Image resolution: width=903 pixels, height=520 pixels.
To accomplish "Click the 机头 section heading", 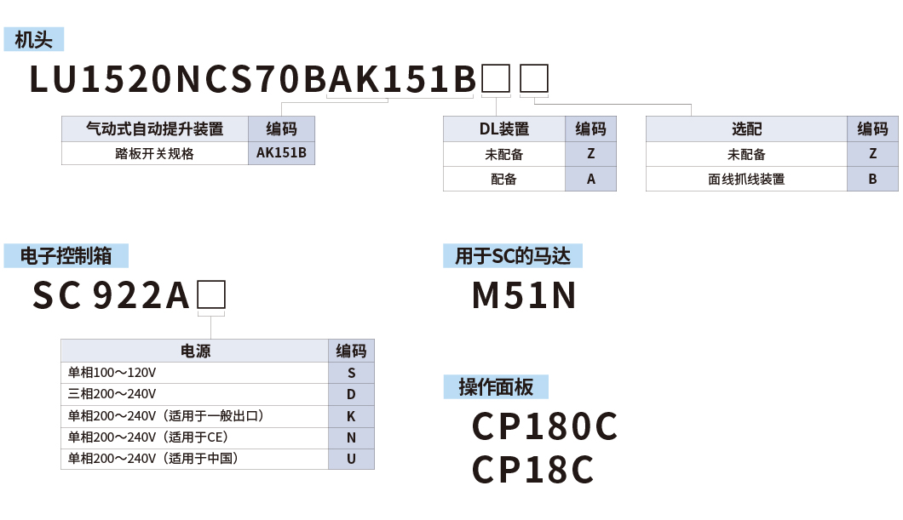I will pos(34,40).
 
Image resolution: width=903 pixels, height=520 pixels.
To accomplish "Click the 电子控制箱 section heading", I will pos(66,256).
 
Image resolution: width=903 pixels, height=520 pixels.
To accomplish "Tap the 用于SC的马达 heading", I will pos(512,256).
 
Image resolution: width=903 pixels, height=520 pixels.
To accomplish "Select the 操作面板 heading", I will pos(496,387).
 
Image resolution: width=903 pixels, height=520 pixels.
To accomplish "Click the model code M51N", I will pos(524,295).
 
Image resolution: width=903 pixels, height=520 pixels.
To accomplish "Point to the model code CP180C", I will pos(544,427).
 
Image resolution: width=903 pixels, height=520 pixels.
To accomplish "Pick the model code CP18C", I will pos(532,470).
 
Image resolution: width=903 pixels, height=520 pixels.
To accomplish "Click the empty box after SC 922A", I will pos(211,295).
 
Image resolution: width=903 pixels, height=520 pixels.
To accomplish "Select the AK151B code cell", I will pos(281,154).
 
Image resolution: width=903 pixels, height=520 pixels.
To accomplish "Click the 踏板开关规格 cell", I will pos(154,154).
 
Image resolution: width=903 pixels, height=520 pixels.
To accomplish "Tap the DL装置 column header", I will pos(503,129).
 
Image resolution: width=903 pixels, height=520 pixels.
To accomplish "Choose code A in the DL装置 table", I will pos(590,179).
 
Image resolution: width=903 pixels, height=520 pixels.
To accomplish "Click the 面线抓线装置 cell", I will pos(746,179).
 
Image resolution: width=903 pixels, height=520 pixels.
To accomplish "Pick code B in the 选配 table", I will pos(872,179).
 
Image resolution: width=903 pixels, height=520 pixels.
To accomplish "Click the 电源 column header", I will pos(195,351).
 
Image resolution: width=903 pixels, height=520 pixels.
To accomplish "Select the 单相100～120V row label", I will pos(112,373).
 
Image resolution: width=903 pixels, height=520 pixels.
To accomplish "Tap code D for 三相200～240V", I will pos(351,395).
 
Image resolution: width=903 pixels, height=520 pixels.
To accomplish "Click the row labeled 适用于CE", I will pos(148,437).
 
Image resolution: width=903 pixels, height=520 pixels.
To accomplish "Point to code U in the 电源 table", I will pos(351,459).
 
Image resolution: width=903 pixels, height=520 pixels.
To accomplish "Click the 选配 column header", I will pos(746,129).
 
